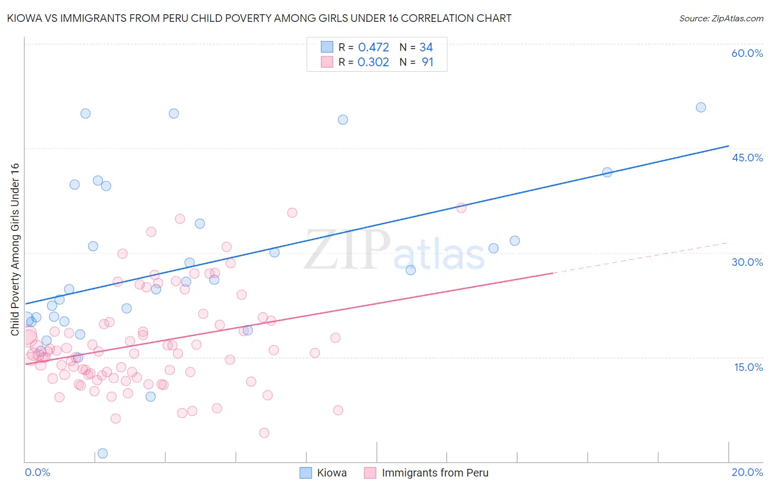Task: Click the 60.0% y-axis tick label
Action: pos(747,53)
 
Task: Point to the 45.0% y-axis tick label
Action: pos(747,158)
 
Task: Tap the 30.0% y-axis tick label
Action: pos(747,262)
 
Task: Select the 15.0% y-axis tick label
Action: pos(748,367)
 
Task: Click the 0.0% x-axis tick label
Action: pos(37,472)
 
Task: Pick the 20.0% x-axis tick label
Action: pos(747,472)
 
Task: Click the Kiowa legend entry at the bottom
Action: pos(331,473)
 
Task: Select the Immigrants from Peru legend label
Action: pos(435,473)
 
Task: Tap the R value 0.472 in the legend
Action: pos(373,48)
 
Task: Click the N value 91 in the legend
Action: pos(427,62)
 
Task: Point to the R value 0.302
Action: pos(373,62)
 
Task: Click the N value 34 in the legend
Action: pos(426,48)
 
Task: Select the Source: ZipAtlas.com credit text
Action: pos(721,18)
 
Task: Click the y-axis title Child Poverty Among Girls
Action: pos(15,249)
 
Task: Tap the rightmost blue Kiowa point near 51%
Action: pos(700,107)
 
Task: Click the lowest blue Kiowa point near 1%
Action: pos(102,453)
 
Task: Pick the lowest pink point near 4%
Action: pos(264,433)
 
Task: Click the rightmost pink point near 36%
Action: pos(461,208)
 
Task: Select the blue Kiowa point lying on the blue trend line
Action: pos(607,172)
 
